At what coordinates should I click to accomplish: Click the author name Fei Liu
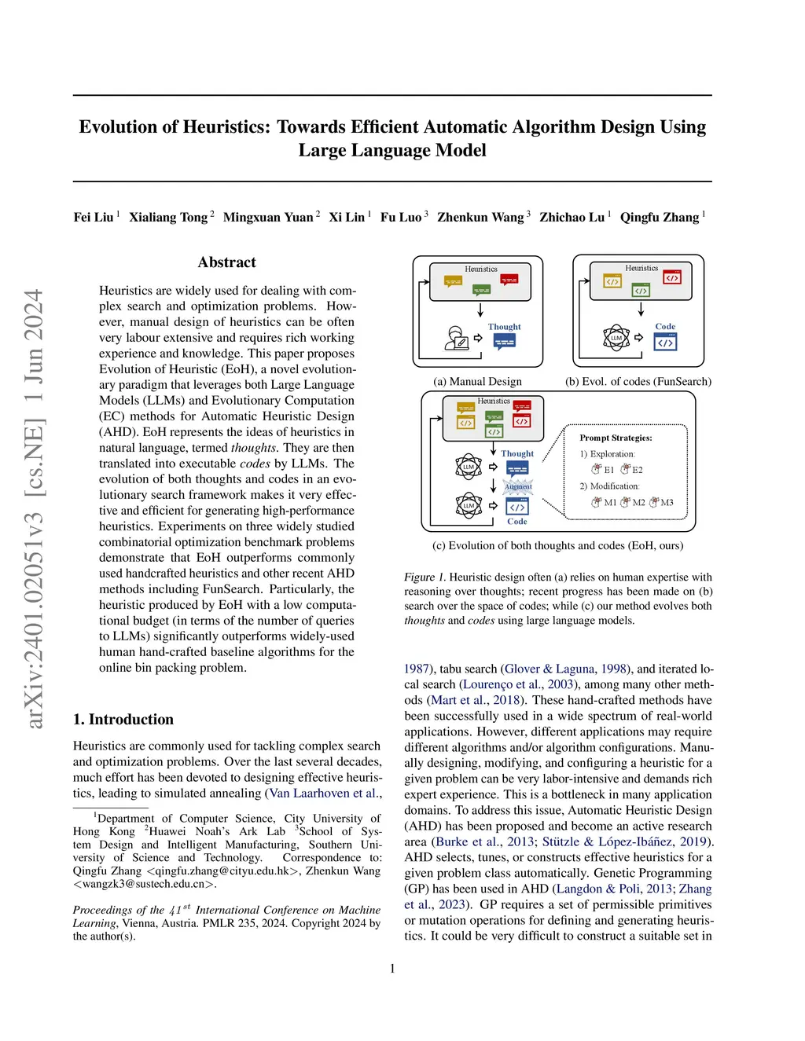click(x=93, y=217)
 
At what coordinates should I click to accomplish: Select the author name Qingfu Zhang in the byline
click(x=659, y=217)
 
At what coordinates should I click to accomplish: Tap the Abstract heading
click(x=226, y=262)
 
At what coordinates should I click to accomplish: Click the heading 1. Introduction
click(x=123, y=719)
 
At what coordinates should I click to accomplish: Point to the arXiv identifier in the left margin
click(x=34, y=508)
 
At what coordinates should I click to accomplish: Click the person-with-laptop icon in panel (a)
click(x=456, y=338)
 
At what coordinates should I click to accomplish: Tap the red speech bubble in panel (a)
click(x=509, y=280)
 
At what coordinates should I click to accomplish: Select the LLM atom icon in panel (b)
click(x=616, y=338)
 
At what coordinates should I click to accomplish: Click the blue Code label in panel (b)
click(x=665, y=326)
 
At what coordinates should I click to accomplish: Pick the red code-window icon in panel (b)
click(x=671, y=277)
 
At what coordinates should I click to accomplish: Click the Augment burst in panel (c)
click(x=518, y=486)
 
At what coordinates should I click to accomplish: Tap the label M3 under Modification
click(x=667, y=503)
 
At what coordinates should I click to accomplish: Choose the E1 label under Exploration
click(x=608, y=470)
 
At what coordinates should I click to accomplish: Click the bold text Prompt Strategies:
click(x=616, y=438)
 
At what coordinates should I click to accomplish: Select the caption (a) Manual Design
click(x=477, y=381)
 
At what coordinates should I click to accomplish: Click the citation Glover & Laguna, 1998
click(x=565, y=669)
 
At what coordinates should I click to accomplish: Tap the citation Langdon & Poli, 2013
click(x=615, y=889)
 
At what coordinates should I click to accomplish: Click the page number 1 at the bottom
click(x=392, y=969)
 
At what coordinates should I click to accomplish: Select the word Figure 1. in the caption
click(x=425, y=577)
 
